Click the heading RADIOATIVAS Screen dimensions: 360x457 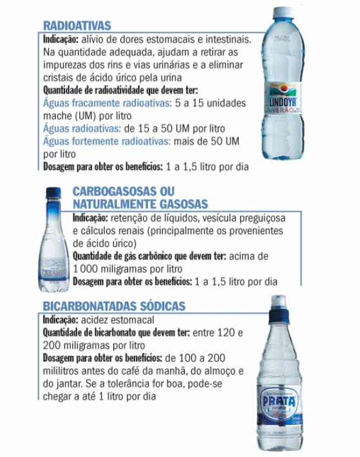tap(77, 26)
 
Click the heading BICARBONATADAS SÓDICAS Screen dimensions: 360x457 tap(114, 306)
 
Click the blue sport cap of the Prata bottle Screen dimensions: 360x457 tap(279, 308)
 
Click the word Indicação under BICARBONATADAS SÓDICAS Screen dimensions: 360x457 tap(62, 320)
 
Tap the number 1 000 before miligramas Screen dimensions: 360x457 tap(87, 269)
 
